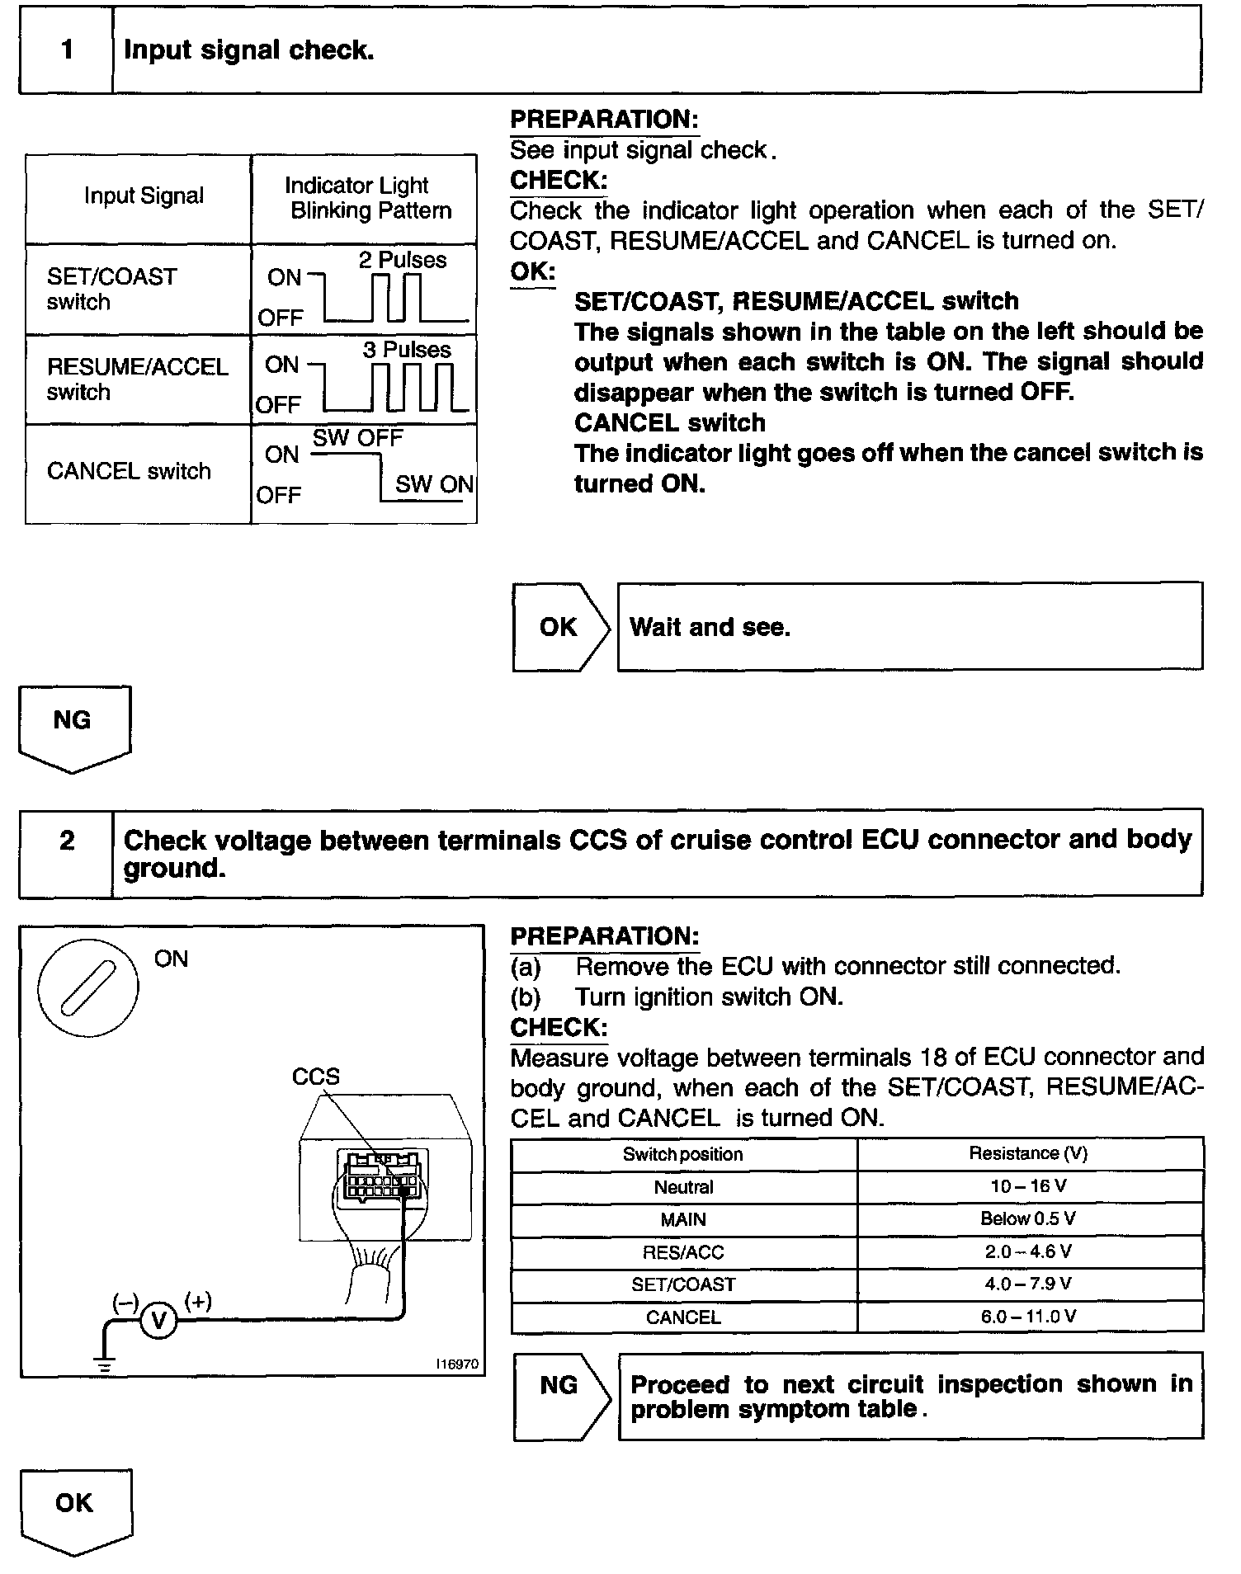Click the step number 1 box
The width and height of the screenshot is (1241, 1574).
pos(66,50)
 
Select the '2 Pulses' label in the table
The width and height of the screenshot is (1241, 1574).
pos(402,261)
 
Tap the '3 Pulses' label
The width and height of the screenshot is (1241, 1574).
pos(407,350)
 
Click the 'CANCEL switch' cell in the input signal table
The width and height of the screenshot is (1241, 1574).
pos(130,472)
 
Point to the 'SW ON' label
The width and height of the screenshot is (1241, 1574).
pos(434,484)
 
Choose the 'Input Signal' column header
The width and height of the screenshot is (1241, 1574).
pos(144,196)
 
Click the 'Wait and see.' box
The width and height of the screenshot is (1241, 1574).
pos(909,627)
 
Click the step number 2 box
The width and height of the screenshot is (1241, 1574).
pos(66,841)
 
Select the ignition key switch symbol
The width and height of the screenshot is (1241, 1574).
pos(88,988)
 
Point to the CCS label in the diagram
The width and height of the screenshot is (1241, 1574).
pos(315,1077)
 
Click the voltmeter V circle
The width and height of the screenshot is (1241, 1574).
pos(158,1322)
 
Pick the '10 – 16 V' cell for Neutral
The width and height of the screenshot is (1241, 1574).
pos(1028,1186)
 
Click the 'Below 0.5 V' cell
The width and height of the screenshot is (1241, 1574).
pos(1028,1218)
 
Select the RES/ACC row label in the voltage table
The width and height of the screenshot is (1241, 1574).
pos(683,1252)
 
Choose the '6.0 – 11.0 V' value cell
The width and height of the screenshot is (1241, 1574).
pos(1028,1317)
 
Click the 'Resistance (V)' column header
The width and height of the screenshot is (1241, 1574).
pos(1028,1153)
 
